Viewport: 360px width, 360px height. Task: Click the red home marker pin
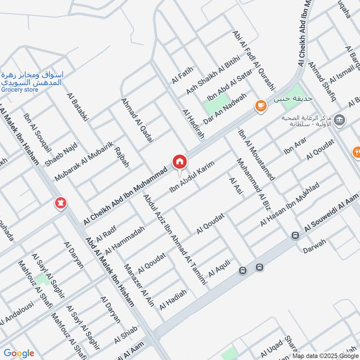[179, 162]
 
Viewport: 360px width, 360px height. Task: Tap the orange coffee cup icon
[260, 105]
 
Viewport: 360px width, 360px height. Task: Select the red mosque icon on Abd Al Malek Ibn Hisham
[60, 203]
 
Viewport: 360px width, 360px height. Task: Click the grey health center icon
[340, 119]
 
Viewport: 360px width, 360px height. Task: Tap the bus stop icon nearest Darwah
[295, 235]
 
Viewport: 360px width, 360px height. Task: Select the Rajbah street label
[121, 157]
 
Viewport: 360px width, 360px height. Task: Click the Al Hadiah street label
[173, 297]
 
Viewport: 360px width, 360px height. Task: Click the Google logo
[19, 353]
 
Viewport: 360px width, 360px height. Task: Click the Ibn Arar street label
[295, 147]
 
